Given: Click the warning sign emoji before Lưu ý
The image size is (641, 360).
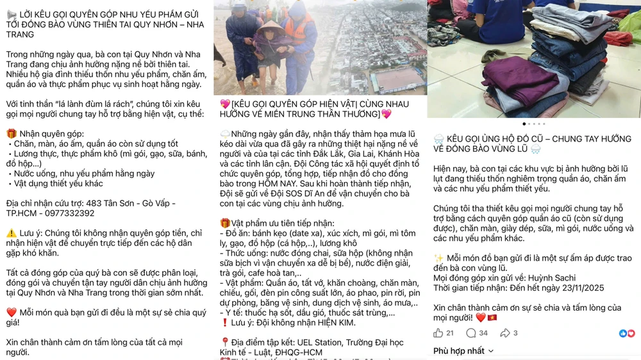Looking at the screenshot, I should [12, 234].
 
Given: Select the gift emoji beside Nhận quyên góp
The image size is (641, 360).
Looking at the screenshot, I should [12, 134].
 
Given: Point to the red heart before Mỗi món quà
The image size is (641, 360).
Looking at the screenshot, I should [12, 313].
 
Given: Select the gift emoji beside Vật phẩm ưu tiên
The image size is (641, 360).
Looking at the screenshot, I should [225, 224].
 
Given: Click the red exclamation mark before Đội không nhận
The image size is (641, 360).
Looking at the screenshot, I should [224, 323].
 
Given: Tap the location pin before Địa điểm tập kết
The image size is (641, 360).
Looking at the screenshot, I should [225, 342].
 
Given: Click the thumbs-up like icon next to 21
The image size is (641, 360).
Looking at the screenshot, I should [438, 333].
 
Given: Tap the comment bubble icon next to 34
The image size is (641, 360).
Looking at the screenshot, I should [471, 333].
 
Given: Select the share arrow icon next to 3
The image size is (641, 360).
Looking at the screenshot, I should [505, 333].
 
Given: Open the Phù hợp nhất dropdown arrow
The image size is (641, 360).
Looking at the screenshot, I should [491, 351].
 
